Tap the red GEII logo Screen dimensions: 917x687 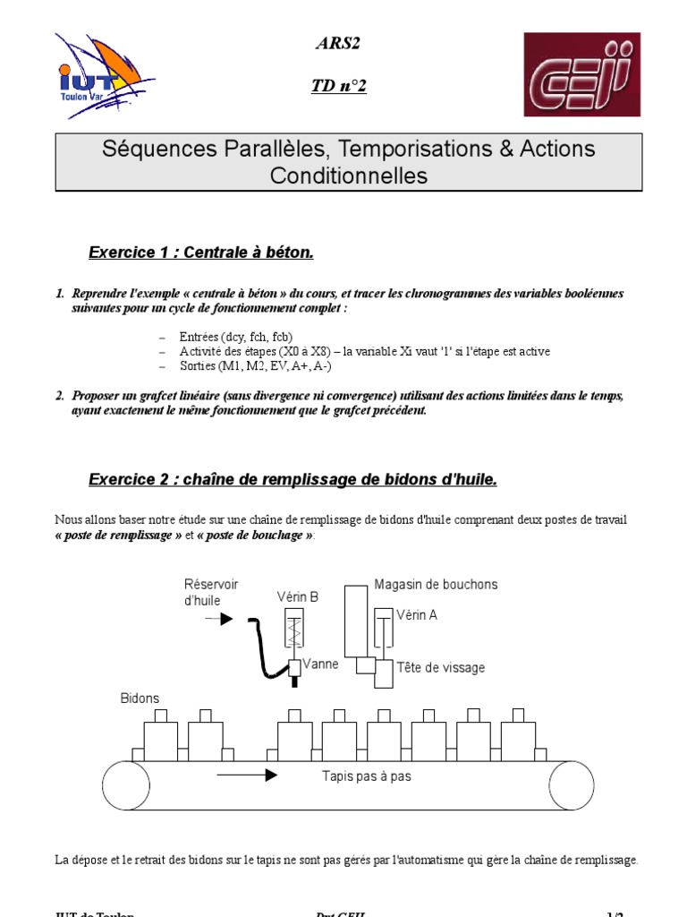581,74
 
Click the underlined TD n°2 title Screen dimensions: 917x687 338,86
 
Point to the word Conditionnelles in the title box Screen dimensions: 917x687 349,176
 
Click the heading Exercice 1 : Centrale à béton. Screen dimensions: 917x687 201,253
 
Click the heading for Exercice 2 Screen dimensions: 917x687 293,479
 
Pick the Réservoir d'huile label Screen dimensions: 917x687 211,592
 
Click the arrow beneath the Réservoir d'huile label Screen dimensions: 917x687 219,619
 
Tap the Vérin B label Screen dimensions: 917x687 298,596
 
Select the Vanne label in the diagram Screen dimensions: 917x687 320,664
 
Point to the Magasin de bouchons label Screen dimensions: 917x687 436,585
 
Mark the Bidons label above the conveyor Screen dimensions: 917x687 140,698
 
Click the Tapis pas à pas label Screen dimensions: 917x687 366,776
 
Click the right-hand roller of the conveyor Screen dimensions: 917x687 571,785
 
